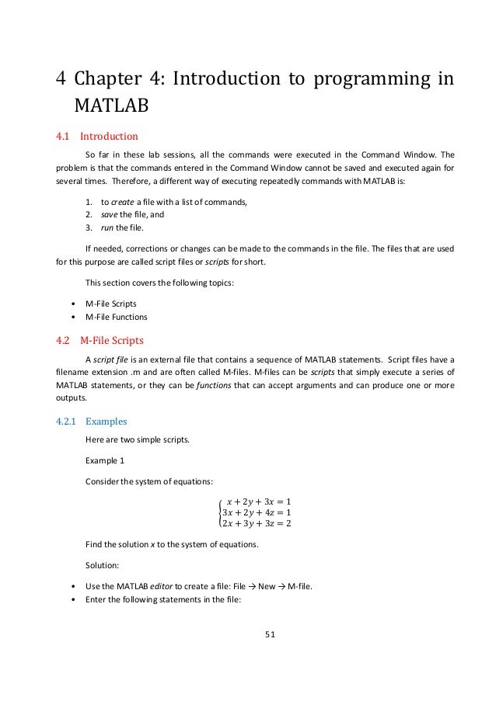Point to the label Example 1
tap(105, 460)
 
